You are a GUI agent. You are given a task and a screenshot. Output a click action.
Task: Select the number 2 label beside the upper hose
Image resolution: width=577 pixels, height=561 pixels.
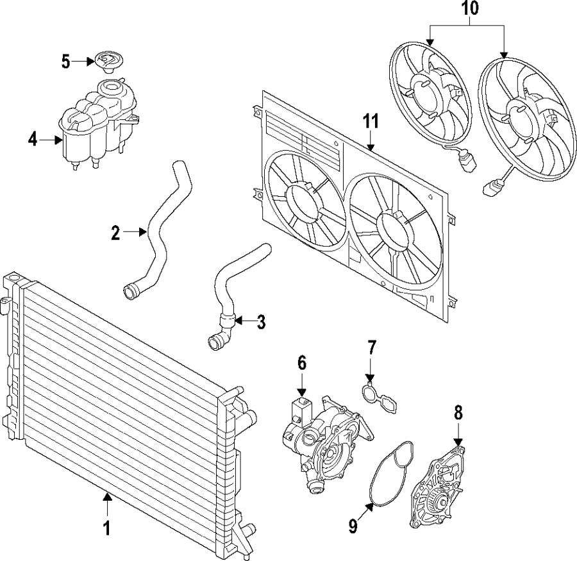click(x=115, y=233)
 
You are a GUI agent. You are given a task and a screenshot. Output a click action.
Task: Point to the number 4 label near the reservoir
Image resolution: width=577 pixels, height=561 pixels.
click(x=33, y=138)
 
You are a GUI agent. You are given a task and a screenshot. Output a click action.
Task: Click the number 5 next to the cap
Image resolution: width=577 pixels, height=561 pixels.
click(x=65, y=62)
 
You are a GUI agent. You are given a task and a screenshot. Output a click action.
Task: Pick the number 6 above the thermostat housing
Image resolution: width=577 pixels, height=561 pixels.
click(x=302, y=363)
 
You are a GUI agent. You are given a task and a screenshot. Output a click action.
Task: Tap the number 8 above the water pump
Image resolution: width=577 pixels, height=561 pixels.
click(x=458, y=412)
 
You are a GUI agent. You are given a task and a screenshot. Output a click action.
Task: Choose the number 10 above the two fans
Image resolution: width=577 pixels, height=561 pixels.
click(x=469, y=10)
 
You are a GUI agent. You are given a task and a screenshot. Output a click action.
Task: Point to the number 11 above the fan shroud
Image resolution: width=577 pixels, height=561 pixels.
click(x=370, y=121)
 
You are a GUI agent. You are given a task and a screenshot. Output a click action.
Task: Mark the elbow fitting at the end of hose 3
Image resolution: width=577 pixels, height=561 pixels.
click(x=218, y=337)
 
